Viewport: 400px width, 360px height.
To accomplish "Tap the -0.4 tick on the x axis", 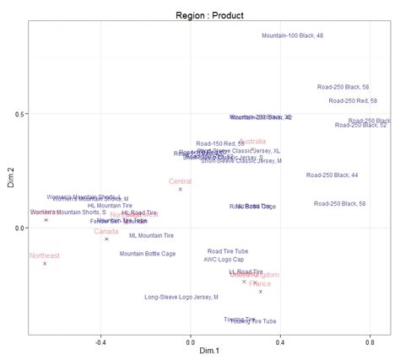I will coord(101,341).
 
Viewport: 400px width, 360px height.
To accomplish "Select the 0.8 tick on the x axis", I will coord(370,341).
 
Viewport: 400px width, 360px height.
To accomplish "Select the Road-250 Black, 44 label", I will coord(332,175).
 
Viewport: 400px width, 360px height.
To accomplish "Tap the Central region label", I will coord(180,181).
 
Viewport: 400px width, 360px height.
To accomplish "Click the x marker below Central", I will coord(180,190).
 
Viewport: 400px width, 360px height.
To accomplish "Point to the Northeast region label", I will coord(45,255).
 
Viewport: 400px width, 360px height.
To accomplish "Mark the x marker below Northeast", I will coord(45,264).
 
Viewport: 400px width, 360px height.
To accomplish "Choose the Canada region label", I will coord(105,231).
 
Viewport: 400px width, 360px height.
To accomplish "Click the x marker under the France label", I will coord(260,292).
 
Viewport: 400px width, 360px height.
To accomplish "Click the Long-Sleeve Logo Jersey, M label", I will coord(181,297).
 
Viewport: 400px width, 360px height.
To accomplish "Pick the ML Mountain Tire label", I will coord(151,236).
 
